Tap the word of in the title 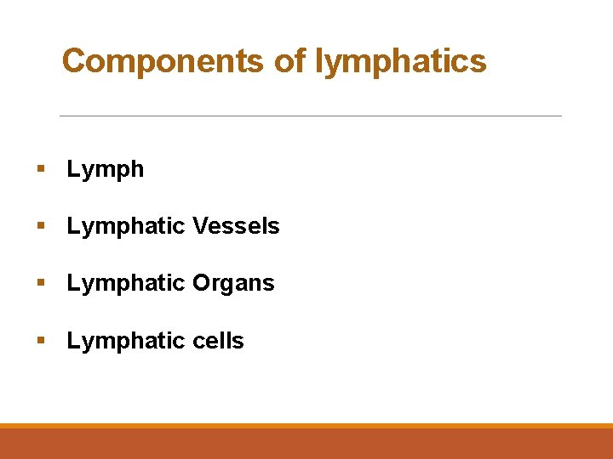[x=290, y=61]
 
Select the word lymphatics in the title [x=401, y=61]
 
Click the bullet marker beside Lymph [x=39, y=169]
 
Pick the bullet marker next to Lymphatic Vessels [x=39, y=226]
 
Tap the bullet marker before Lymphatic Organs [x=39, y=283]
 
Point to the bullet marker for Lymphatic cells [x=39, y=341]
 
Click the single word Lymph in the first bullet [x=106, y=170]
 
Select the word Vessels [x=236, y=226]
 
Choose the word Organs [x=233, y=283]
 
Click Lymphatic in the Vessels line [x=126, y=226]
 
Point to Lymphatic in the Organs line [x=126, y=283]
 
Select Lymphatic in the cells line [x=126, y=341]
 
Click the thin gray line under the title [x=311, y=116]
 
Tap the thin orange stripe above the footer [x=306, y=426]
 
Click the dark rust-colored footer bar [x=306, y=444]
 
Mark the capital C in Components [x=73, y=61]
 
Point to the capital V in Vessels [x=199, y=226]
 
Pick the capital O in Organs [x=201, y=283]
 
